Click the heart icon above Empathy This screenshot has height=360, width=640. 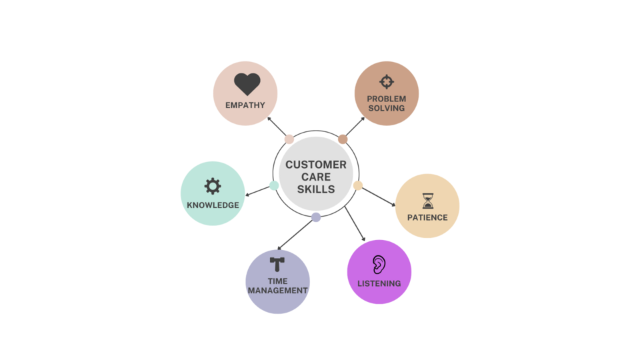pos(247,85)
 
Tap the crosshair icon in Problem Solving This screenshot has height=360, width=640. pos(387,82)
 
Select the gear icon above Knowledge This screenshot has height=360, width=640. pos(213,186)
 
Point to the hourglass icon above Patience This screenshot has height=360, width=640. pos(427,201)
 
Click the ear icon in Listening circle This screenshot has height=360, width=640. pos(379,265)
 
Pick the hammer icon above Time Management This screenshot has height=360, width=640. pos(277,264)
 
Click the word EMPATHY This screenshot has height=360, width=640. pos(245,105)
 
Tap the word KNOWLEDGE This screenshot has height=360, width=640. pos(213,205)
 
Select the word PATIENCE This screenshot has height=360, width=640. pos(427,217)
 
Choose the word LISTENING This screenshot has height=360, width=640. pos(379,283)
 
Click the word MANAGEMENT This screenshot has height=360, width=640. pos(277,291)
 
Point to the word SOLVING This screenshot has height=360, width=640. pos(387,108)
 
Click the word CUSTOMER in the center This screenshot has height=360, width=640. pos(316,165)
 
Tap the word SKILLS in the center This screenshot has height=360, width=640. pos(316,189)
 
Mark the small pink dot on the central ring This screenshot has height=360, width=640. pos(289,139)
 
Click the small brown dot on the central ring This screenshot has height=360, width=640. pos(343,139)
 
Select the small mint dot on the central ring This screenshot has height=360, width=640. pos(274,185)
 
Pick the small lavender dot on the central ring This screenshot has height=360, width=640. pos(316,217)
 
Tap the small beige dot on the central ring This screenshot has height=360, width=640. pos(358,185)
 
